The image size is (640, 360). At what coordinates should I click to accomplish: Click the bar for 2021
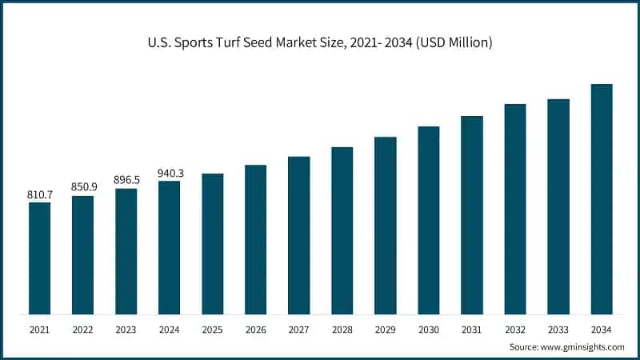tap(39, 258)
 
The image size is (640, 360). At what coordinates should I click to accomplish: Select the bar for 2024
tap(169, 247)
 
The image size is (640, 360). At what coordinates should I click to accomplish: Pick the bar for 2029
tap(385, 225)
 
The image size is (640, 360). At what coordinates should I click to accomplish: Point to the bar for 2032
tap(515, 209)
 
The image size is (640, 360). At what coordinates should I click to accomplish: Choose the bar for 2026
tap(255, 239)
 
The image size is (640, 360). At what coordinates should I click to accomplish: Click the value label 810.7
tap(39, 194)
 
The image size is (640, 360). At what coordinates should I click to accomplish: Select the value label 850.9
tap(82, 187)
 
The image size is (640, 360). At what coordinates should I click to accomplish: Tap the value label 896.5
tap(126, 180)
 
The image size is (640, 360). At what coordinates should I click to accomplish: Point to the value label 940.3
tap(169, 173)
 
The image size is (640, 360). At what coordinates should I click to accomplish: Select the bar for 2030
tap(429, 220)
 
